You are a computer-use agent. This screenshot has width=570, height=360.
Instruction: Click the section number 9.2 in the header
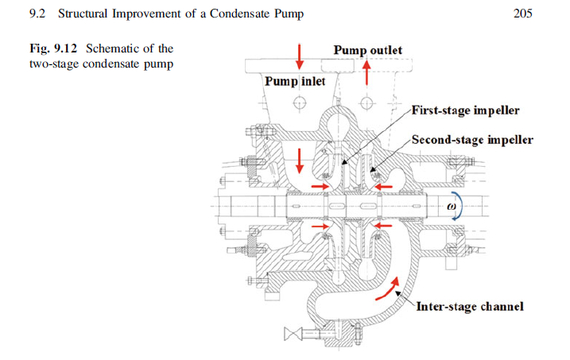point(36,14)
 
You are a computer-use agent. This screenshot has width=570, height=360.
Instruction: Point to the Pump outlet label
point(367,51)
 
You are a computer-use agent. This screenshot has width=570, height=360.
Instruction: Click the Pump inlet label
point(295,81)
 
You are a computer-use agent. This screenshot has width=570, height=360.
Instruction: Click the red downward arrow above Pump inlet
point(300,56)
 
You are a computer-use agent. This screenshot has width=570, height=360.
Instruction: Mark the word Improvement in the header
point(148,14)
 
